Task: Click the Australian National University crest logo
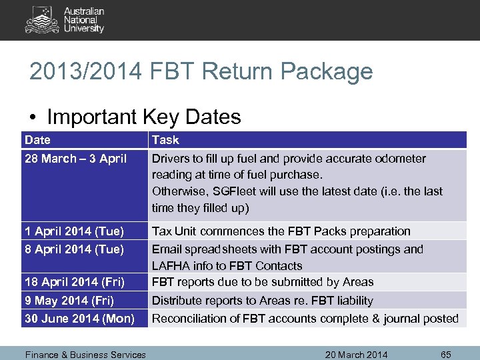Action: (x=42, y=19)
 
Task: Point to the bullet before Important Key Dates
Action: (x=34, y=117)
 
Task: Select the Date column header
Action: (x=37, y=140)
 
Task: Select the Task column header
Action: (x=165, y=140)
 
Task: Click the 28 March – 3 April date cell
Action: (x=75, y=159)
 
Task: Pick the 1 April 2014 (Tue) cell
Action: (x=74, y=231)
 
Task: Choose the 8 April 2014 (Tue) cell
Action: (x=74, y=249)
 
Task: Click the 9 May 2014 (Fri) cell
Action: (x=69, y=301)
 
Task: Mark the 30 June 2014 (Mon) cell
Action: (x=79, y=319)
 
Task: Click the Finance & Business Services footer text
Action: (x=85, y=355)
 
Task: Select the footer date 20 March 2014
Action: (x=356, y=355)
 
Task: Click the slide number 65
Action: (x=446, y=355)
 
